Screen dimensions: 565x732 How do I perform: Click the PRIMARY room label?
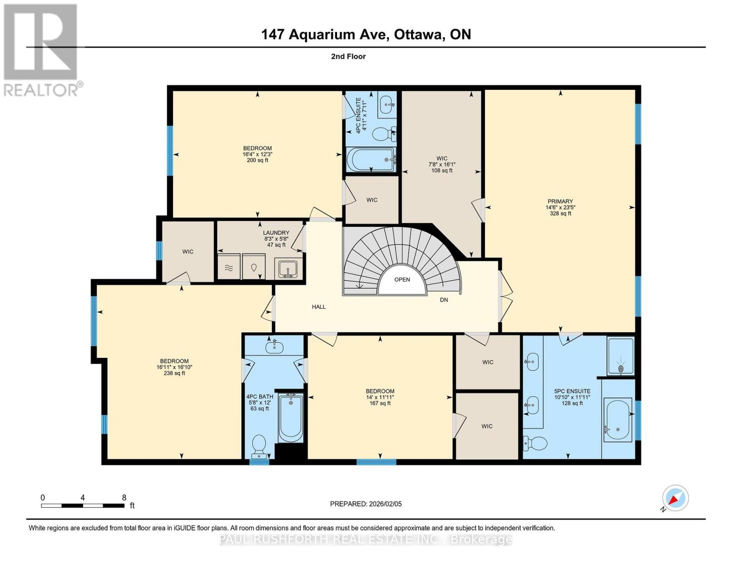(x=560, y=202)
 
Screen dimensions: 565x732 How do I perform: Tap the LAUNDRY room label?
(x=276, y=233)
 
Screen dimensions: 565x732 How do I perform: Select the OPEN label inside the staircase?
(x=402, y=280)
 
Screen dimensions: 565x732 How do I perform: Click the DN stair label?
(x=444, y=300)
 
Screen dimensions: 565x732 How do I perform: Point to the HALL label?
(x=319, y=307)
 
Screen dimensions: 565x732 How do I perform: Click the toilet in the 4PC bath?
(x=259, y=445)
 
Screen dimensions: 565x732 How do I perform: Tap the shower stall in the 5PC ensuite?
(x=621, y=356)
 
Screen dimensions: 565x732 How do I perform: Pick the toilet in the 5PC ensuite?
(x=535, y=443)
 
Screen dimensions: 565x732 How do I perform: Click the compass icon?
(x=675, y=498)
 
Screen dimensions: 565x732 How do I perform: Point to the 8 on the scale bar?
(x=124, y=498)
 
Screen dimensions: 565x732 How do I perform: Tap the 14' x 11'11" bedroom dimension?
(x=380, y=397)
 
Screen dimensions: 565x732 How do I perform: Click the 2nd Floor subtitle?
(x=348, y=56)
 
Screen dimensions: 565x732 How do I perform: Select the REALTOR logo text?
(x=41, y=89)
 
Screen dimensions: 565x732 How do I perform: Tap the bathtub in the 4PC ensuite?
(x=371, y=160)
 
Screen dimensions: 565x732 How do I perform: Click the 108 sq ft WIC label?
(x=442, y=170)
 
